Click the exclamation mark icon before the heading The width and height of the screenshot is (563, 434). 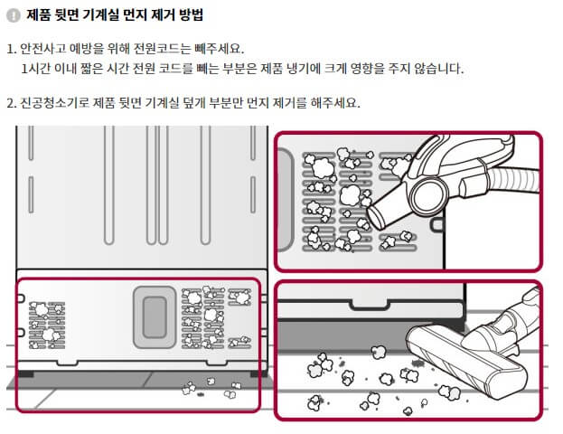tap(13, 15)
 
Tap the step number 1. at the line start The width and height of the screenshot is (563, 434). tap(11, 48)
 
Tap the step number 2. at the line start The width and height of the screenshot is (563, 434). tap(11, 102)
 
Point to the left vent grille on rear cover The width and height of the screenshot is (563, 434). tap(44, 321)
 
